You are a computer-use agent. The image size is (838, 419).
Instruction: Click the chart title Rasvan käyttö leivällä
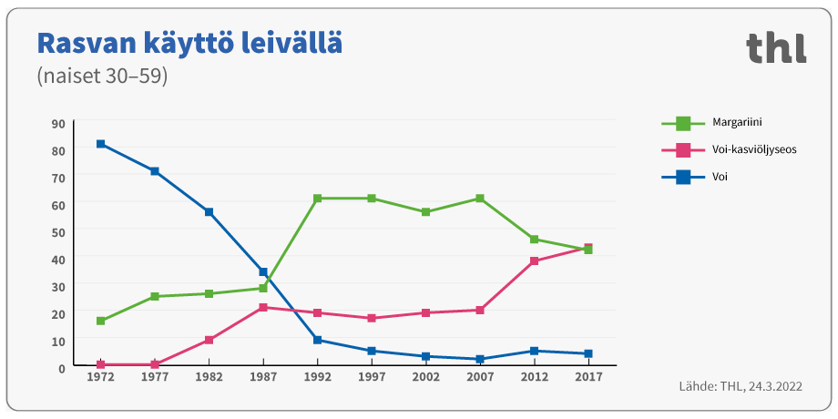(189, 44)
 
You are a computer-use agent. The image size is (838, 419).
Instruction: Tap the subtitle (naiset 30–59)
(102, 77)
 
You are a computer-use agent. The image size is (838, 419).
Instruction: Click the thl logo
(776, 47)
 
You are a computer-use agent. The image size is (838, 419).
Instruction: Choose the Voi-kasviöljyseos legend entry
(729, 149)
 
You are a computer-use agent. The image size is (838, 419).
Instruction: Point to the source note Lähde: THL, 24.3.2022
(741, 387)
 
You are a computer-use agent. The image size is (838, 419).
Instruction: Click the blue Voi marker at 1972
(100, 144)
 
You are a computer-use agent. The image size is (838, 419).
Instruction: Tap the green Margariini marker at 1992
(317, 199)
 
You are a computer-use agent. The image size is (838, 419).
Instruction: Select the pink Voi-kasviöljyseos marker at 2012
(534, 261)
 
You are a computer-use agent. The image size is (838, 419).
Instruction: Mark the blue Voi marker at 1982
(209, 212)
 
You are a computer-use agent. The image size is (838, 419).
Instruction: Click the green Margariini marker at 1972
(100, 321)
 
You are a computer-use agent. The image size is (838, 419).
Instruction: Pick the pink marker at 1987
(263, 307)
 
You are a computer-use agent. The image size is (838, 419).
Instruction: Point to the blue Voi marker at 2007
(480, 359)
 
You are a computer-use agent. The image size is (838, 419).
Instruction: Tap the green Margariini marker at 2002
(425, 212)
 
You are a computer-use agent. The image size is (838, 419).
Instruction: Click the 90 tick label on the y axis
(58, 124)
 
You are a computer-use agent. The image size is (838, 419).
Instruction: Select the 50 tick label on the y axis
(58, 232)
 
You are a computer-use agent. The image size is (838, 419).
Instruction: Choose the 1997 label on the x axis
(372, 377)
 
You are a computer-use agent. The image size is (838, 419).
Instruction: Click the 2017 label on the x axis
(588, 377)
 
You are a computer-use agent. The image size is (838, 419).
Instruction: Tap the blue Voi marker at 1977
(155, 171)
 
